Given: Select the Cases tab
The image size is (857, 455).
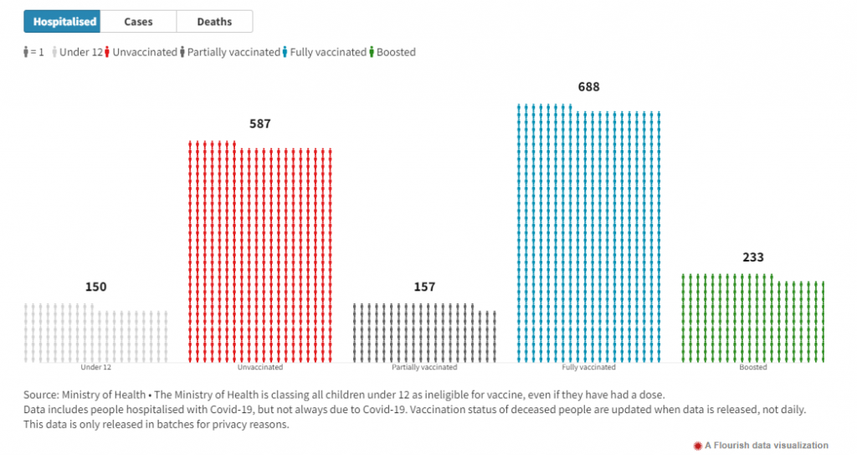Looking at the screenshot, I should click(138, 22).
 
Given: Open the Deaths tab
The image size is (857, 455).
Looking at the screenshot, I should click(214, 22).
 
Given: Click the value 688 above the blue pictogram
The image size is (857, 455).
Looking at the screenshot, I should click(588, 87).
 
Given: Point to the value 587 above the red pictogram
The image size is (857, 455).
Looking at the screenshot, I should click(260, 124).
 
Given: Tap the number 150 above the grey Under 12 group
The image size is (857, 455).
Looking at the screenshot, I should click(95, 287).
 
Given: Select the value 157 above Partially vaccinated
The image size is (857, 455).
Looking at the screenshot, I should click(424, 287).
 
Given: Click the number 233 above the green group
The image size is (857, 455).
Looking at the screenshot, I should click(753, 257).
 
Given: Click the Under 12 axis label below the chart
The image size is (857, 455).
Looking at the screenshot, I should click(95, 367).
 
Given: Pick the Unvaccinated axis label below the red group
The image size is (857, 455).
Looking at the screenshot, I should click(260, 367).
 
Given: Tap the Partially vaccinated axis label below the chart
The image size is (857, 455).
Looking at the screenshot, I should click(424, 367).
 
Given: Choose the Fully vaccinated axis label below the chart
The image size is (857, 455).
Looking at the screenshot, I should click(588, 367).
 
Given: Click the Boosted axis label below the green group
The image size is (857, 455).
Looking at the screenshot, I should click(753, 367).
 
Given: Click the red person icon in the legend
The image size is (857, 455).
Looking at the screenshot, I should click(108, 52).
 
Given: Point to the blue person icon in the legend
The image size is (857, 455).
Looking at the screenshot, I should click(285, 52).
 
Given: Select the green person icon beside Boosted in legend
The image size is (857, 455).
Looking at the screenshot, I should click(372, 52).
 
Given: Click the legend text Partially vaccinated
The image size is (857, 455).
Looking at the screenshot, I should click(233, 52).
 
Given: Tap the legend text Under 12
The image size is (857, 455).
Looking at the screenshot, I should click(81, 52).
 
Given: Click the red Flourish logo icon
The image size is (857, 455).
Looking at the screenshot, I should click(696, 445).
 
